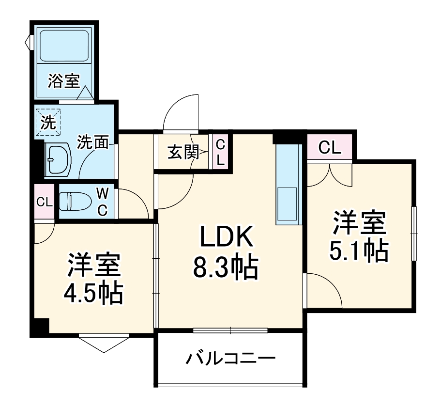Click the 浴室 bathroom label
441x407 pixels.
click(x=63, y=81)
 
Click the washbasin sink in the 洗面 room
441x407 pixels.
click(x=58, y=159)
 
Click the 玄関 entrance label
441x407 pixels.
click(x=183, y=153)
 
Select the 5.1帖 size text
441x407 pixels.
click(x=359, y=250)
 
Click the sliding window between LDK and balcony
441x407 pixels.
click(x=230, y=331)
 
